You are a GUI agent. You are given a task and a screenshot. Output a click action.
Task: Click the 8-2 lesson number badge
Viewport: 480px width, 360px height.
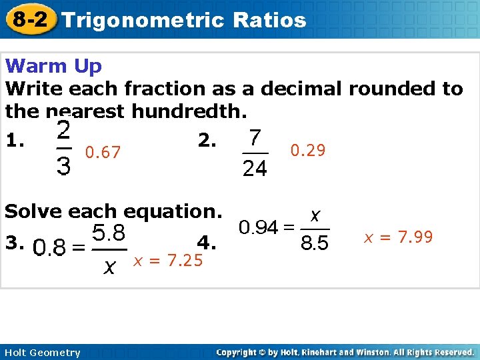(30, 19)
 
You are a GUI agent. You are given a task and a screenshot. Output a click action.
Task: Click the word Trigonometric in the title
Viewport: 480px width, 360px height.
(144, 20)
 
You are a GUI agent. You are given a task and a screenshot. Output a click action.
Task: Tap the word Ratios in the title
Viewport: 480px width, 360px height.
(270, 20)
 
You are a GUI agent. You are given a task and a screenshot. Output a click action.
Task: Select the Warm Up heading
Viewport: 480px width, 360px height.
(53, 66)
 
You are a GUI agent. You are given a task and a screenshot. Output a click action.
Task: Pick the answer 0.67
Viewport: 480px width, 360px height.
(103, 153)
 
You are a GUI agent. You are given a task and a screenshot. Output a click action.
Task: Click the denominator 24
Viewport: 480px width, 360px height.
(254, 170)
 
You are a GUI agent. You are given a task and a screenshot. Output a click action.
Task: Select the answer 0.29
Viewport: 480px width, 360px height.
(308, 151)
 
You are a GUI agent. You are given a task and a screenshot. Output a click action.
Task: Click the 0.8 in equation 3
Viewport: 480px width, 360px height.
(49, 249)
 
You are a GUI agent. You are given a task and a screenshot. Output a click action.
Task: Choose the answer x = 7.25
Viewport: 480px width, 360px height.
(168, 261)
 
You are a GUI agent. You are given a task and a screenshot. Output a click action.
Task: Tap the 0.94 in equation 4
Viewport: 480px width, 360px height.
(259, 228)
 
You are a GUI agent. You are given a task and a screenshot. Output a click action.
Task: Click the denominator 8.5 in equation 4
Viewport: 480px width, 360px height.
(315, 244)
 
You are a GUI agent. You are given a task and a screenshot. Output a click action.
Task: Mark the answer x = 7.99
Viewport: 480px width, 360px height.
(398, 237)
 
